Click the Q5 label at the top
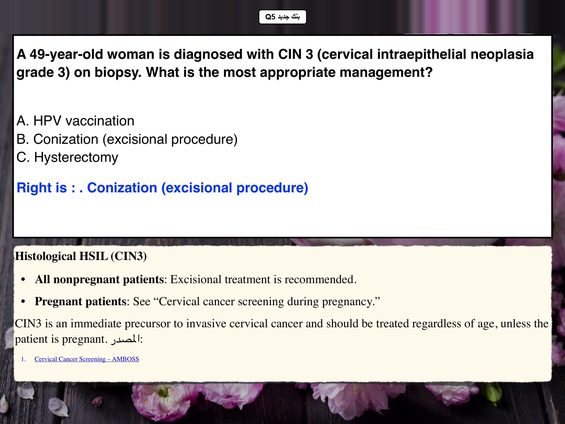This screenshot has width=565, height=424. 282,17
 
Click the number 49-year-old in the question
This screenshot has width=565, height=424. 66,55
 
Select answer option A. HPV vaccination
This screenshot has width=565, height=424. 75,121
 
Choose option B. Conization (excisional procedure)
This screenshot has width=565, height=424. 127,139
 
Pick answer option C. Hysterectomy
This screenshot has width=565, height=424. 67,157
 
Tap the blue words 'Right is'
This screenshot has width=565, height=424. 42,188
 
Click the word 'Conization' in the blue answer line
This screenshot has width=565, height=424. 122,188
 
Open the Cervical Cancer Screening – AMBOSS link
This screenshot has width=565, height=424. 87,359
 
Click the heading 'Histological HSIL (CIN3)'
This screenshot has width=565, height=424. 81,256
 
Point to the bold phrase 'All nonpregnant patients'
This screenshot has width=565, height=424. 99,279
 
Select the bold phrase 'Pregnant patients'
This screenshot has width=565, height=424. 81,302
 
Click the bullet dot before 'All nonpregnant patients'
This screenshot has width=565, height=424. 23,280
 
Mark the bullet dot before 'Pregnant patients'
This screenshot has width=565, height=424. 23,302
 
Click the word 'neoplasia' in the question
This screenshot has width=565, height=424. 502,54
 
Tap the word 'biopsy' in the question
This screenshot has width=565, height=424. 118,73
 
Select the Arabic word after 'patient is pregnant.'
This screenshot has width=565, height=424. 125,339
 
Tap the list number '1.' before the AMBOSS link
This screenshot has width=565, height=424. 24,359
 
